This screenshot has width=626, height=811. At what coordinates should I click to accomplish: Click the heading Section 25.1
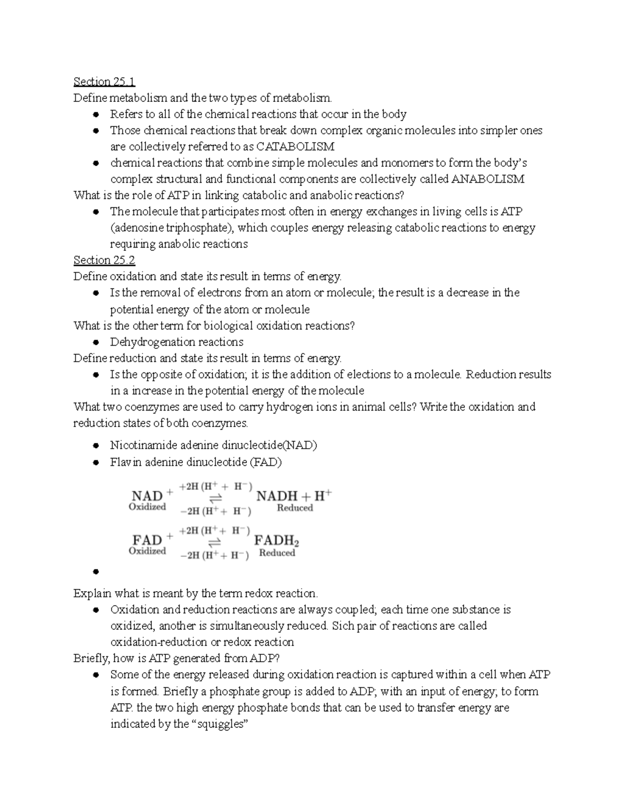click(x=104, y=81)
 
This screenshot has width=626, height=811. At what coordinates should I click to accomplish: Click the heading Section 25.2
click(x=104, y=260)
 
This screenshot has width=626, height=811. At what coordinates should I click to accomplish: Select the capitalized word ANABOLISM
click(x=487, y=179)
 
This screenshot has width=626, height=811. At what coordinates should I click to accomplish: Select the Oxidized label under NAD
click(x=147, y=507)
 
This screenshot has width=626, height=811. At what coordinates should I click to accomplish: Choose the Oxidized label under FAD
click(x=147, y=551)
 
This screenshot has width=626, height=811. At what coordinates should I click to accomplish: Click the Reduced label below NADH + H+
click(x=295, y=508)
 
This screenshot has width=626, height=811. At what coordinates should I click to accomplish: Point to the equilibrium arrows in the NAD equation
click(x=215, y=498)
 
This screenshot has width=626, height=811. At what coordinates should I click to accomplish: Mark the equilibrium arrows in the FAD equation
click(x=215, y=542)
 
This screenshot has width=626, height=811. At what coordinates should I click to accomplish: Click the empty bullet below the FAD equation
click(x=95, y=571)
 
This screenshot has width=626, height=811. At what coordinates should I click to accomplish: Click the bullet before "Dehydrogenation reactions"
click(x=95, y=343)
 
